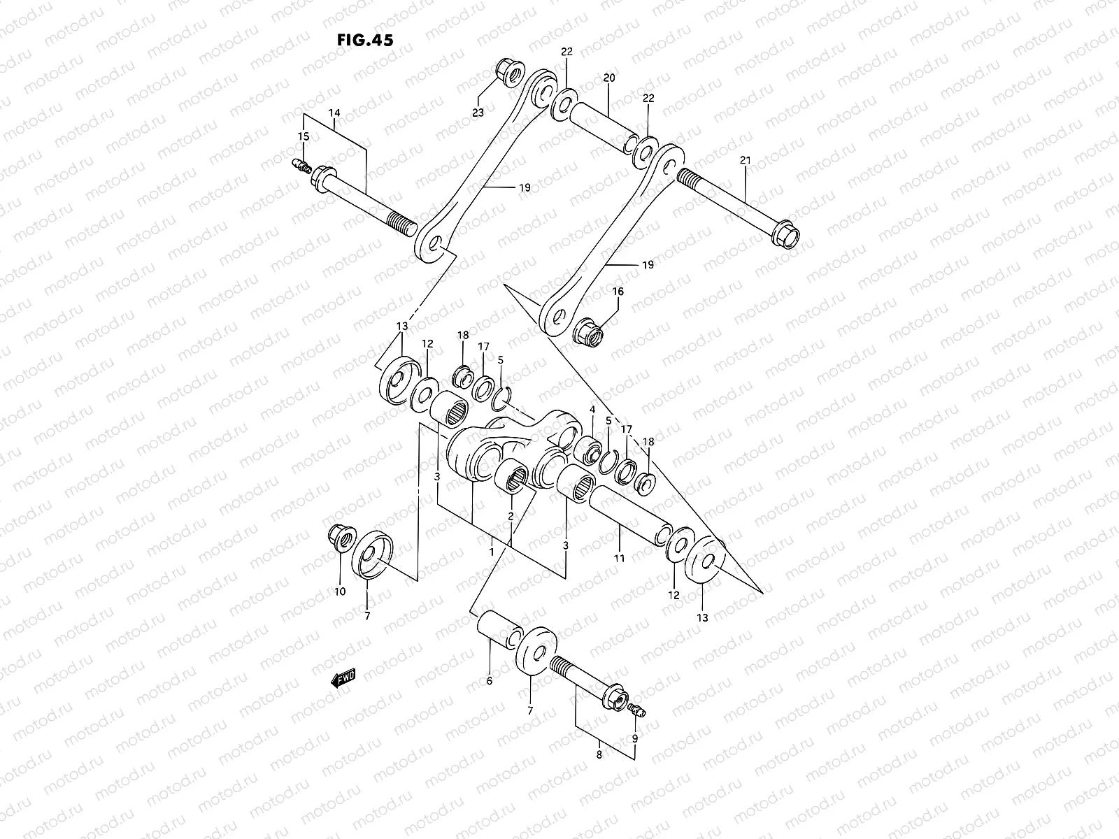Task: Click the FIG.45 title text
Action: (364, 40)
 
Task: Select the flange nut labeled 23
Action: (504, 71)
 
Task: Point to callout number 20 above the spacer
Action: (608, 78)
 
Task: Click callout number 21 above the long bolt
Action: (745, 161)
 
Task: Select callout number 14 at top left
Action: (334, 112)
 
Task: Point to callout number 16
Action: (618, 291)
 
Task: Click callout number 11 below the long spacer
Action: (620, 558)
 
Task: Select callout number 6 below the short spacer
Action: (489, 680)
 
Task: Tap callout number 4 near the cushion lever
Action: (592, 409)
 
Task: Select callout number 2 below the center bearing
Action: (511, 516)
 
